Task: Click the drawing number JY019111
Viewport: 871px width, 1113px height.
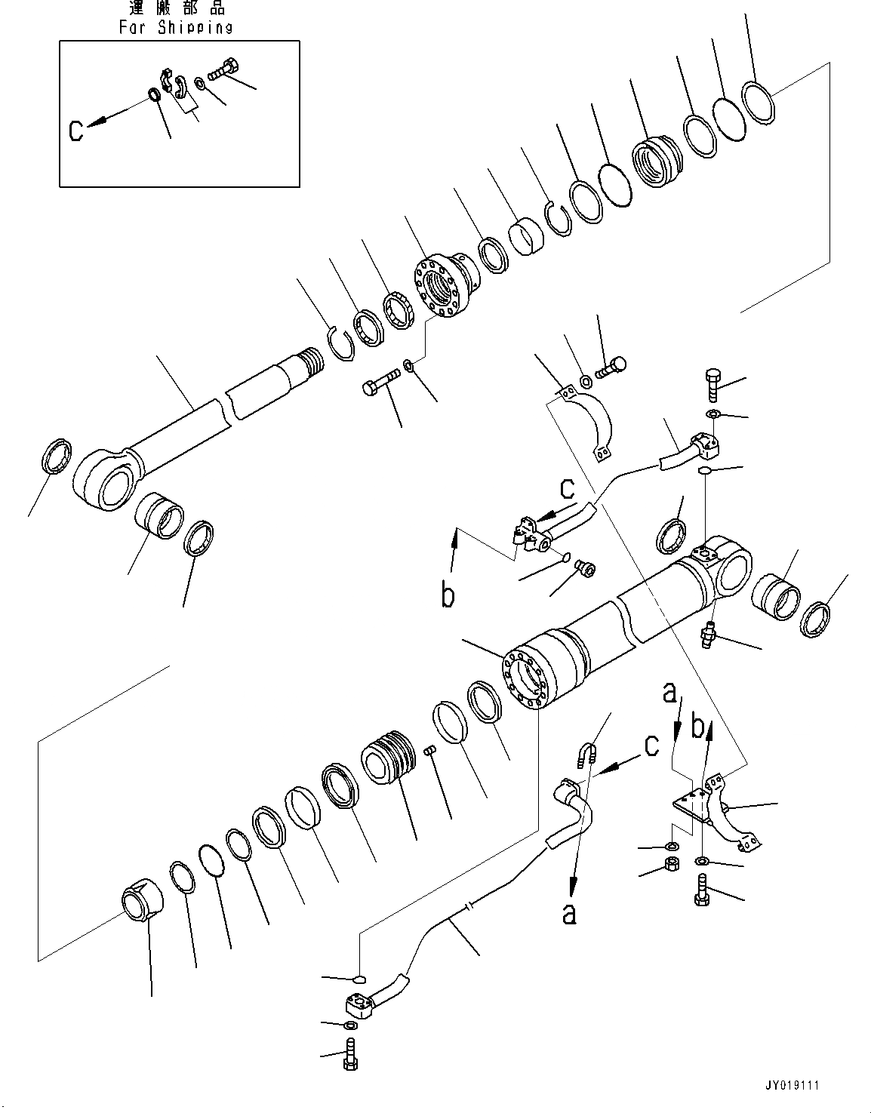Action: coord(792,1085)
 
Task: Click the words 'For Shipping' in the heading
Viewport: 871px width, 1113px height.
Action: coord(175,28)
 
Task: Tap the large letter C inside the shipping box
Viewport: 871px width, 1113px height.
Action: coord(76,131)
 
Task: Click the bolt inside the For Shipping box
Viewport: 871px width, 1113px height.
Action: coord(220,72)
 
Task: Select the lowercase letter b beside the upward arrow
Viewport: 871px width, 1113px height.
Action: coord(449,595)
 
